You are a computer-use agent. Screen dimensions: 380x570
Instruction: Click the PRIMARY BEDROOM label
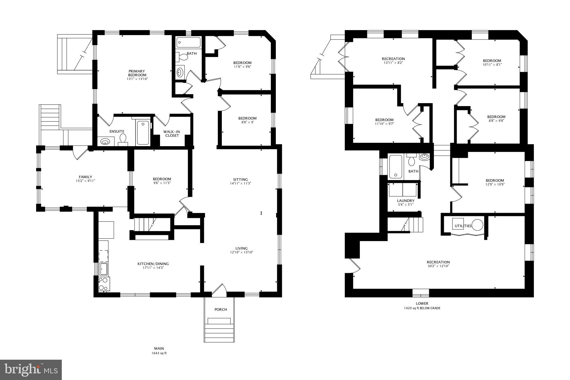[x=137, y=73]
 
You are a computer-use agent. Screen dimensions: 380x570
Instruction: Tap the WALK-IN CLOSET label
[x=172, y=133]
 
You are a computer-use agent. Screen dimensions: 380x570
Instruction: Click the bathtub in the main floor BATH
[x=188, y=43]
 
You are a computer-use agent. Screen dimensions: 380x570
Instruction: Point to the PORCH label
[x=221, y=309]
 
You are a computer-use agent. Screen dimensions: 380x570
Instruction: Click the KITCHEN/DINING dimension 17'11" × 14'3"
[x=153, y=268]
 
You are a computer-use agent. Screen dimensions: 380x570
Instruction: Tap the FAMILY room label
[x=85, y=177]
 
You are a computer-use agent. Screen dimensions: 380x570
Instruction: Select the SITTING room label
[x=240, y=179]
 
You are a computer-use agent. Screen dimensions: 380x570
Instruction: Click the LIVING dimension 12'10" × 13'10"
[x=241, y=252]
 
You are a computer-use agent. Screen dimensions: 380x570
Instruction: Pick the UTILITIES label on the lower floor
[x=463, y=226]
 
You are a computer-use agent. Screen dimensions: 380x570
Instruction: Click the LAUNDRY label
[x=406, y=200]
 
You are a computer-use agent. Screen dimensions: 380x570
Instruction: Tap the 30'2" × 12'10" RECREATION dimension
[x=438, y=266]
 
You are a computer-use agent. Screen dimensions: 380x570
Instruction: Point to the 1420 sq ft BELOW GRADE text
[x=422, y=308]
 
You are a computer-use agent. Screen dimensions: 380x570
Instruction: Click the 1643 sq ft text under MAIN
[x=159, y=353]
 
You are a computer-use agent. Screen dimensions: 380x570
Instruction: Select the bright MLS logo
[x=31, y=370]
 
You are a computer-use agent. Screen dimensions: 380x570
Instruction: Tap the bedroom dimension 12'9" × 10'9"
[x=495, y=184]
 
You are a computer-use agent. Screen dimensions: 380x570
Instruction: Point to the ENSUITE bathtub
[x=143, y=132]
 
